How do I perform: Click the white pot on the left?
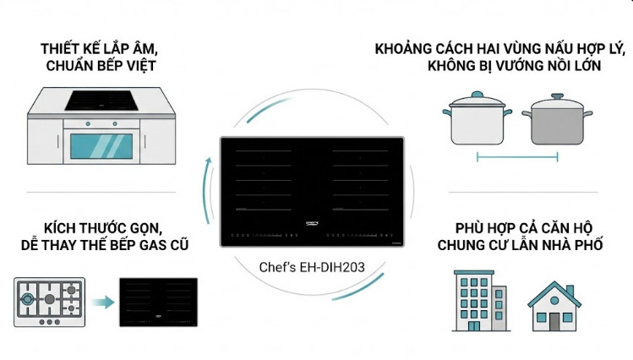pos(478,123)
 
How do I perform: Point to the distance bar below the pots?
pos(517,157)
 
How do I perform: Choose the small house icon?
pos(554,306)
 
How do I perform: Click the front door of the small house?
pos(554,320)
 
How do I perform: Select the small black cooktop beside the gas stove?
pos(158,302)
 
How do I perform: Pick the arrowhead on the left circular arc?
pos(206,158)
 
